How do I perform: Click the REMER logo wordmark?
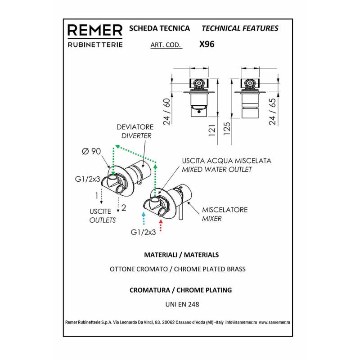click(x=95, y=30)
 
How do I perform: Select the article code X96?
click(x=207, y=44)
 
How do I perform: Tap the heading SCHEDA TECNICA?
click(x=160, y=28)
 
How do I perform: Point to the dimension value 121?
click(x=212, y=130)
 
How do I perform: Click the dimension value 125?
click(x=227, y=129)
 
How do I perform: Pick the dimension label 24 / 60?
click(x=167, y=112)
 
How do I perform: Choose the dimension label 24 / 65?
click(x=272, y=112)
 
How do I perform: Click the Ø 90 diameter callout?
click(x=91, y=151)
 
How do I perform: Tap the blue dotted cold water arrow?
click(x=144, y=218)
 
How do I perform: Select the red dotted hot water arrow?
click(x=161, y=225)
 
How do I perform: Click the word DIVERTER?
click(x=136, y=136)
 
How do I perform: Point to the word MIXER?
click(x=211, y=219)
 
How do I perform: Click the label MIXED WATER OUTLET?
click(x=217, y=170)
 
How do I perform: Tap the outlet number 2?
click(x=123, y=208)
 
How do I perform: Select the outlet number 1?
click(x=97, y=196)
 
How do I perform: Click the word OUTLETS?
click(x=103, y=220)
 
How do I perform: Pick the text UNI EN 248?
click(x=182, y=305)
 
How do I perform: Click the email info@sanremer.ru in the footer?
click(x=241, y=322)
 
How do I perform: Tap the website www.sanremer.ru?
click(x=274, y=322)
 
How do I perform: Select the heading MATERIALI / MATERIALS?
click(x=181, y=255)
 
